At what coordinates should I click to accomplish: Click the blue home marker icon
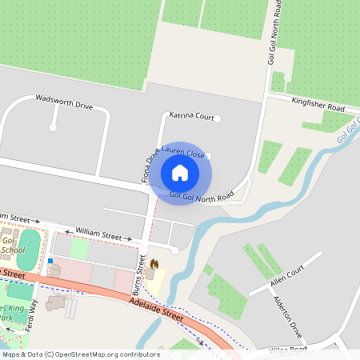pyautogui.click(x=180, y=172)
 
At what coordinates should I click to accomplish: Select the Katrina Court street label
pyautogui.click(x=191, y=116)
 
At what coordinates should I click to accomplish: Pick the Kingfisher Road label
pyautogui.click(x=318, y=105)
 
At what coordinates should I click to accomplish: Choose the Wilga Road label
pyautogui.click(x=288, y=349)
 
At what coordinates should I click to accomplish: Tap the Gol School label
pyautogui.click(x=11, y=245)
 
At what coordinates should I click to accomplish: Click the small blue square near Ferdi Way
pyautogui.click(x=50, y=261)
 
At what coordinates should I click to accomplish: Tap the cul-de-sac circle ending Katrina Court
pyautogui.click(x=216, y=119)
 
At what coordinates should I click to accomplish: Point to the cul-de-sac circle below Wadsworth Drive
pyautogui.click(x=53, y=126)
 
